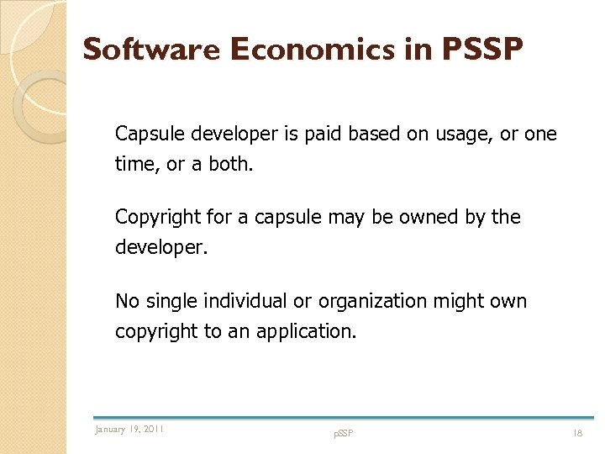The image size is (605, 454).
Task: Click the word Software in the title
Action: tap(151, 50)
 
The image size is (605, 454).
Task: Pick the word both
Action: tap(229, 164)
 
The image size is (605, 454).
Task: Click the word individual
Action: tap(247, 301)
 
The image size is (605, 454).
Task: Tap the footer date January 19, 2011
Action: tap(129, 430)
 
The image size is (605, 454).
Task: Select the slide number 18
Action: tap(577, 433)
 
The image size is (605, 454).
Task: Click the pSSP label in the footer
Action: tap(344, 434)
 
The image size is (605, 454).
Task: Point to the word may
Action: tap(345, 218)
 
